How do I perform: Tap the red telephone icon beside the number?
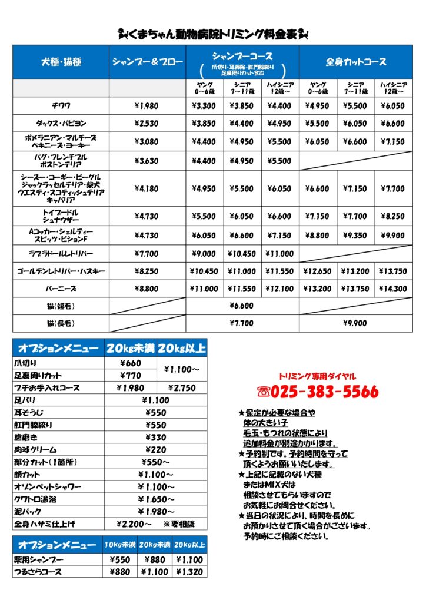[264, 392]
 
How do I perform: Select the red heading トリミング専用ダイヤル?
[317, 376]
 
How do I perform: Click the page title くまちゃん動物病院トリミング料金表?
[214, 35]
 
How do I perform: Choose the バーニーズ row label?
[61, 289]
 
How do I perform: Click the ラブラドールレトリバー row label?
[61, 253]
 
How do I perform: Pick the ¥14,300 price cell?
[393, 289]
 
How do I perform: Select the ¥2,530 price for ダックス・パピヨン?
[147, 124]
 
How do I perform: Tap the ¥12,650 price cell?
[318, 271]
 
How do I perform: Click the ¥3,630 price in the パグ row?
[147, 160]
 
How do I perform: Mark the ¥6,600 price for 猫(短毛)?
[242, 306]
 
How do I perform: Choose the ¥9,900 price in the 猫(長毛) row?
[355, 323]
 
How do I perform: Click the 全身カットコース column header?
[355, 62]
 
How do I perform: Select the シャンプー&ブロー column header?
[147, 62]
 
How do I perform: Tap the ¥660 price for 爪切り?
[130, 363]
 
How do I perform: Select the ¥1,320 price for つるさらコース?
[189, 571]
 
